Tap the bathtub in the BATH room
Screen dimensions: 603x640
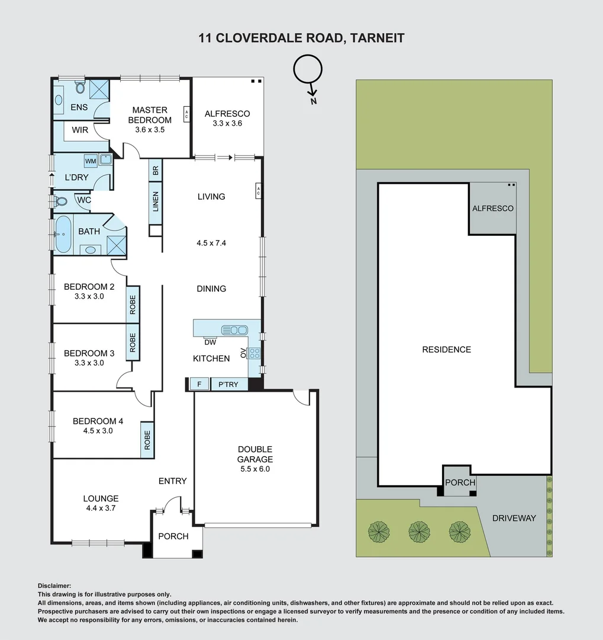click(x=63, y=234)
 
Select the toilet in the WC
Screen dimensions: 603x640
click(x=60, y=201)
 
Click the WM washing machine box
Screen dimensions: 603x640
click(x=91, y=161)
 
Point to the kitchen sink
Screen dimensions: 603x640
click(x=234, y=330)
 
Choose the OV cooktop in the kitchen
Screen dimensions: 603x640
click(x=254, y=353)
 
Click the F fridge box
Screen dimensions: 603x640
click(x=199, y=384)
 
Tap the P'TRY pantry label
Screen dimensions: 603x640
click(x=228, y=384)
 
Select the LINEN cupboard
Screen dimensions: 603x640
click(x=156, y=202)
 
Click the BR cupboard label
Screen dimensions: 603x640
click(x=156, y=171)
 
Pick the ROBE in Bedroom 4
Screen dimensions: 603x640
click(x=147, y=440)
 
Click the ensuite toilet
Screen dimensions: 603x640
click(x=80, y=87)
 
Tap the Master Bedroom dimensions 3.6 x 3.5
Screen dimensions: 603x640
click(x=150, y=130)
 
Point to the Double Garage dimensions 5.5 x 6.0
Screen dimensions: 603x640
click(x=255, y=469)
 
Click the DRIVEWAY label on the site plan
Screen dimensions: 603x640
click(x=514, y=518)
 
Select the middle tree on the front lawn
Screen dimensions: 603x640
click(x=419, y=532)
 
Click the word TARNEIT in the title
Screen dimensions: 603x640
click(x=377, y=38)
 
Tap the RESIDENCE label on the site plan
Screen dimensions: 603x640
click(x=446, y=350)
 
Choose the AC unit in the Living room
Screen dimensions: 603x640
click(x=258, y=190)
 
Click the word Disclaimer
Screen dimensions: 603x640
click(x=54, y=585)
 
